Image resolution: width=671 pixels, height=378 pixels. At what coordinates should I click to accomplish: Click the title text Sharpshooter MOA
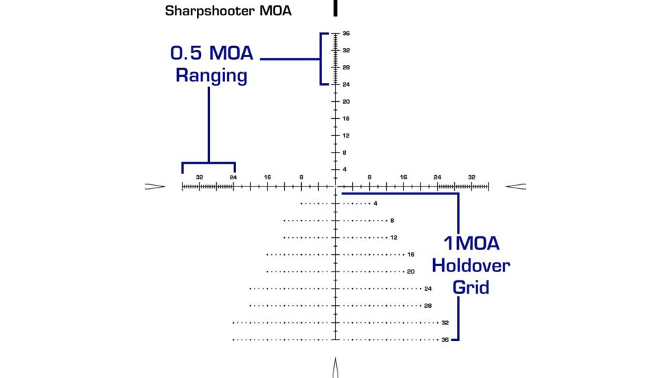[228, 12]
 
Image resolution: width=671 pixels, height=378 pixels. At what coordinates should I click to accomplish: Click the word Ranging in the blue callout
[211, 75]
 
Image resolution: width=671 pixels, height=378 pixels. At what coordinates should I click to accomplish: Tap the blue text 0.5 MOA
[211, 54]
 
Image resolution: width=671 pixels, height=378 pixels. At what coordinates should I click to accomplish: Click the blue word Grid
[471, 287]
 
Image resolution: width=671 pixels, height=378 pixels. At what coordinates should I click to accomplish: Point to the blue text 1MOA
[471, 243]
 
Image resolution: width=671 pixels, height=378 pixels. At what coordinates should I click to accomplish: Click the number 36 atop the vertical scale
[347, 34]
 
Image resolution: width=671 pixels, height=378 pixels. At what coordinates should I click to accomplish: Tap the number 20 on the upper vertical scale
[347, 102]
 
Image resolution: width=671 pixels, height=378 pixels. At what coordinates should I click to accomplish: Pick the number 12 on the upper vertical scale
[346, 135]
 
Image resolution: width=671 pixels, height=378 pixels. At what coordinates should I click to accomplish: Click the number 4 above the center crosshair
[345, 169]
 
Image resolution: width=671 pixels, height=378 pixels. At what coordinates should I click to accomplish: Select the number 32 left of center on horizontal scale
[200, 177]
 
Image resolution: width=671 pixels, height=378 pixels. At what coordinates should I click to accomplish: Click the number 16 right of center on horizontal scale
[403, 177]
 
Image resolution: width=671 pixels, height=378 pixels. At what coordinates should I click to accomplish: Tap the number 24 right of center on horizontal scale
[437, 177]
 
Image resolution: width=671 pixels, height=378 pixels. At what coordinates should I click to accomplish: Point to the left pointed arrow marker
[155, 186]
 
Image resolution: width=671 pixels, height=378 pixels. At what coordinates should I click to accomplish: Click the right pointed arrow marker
[516, 186]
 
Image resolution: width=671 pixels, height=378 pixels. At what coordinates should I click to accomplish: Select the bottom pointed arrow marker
[335, 368]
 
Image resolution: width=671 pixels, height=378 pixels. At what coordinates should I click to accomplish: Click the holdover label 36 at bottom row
[445, 340]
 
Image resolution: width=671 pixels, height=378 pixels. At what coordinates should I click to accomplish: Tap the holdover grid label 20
[411, 271]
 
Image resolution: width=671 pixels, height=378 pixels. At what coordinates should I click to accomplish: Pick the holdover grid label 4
[375, 203]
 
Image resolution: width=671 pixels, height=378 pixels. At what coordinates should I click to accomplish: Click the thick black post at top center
[335, 8]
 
